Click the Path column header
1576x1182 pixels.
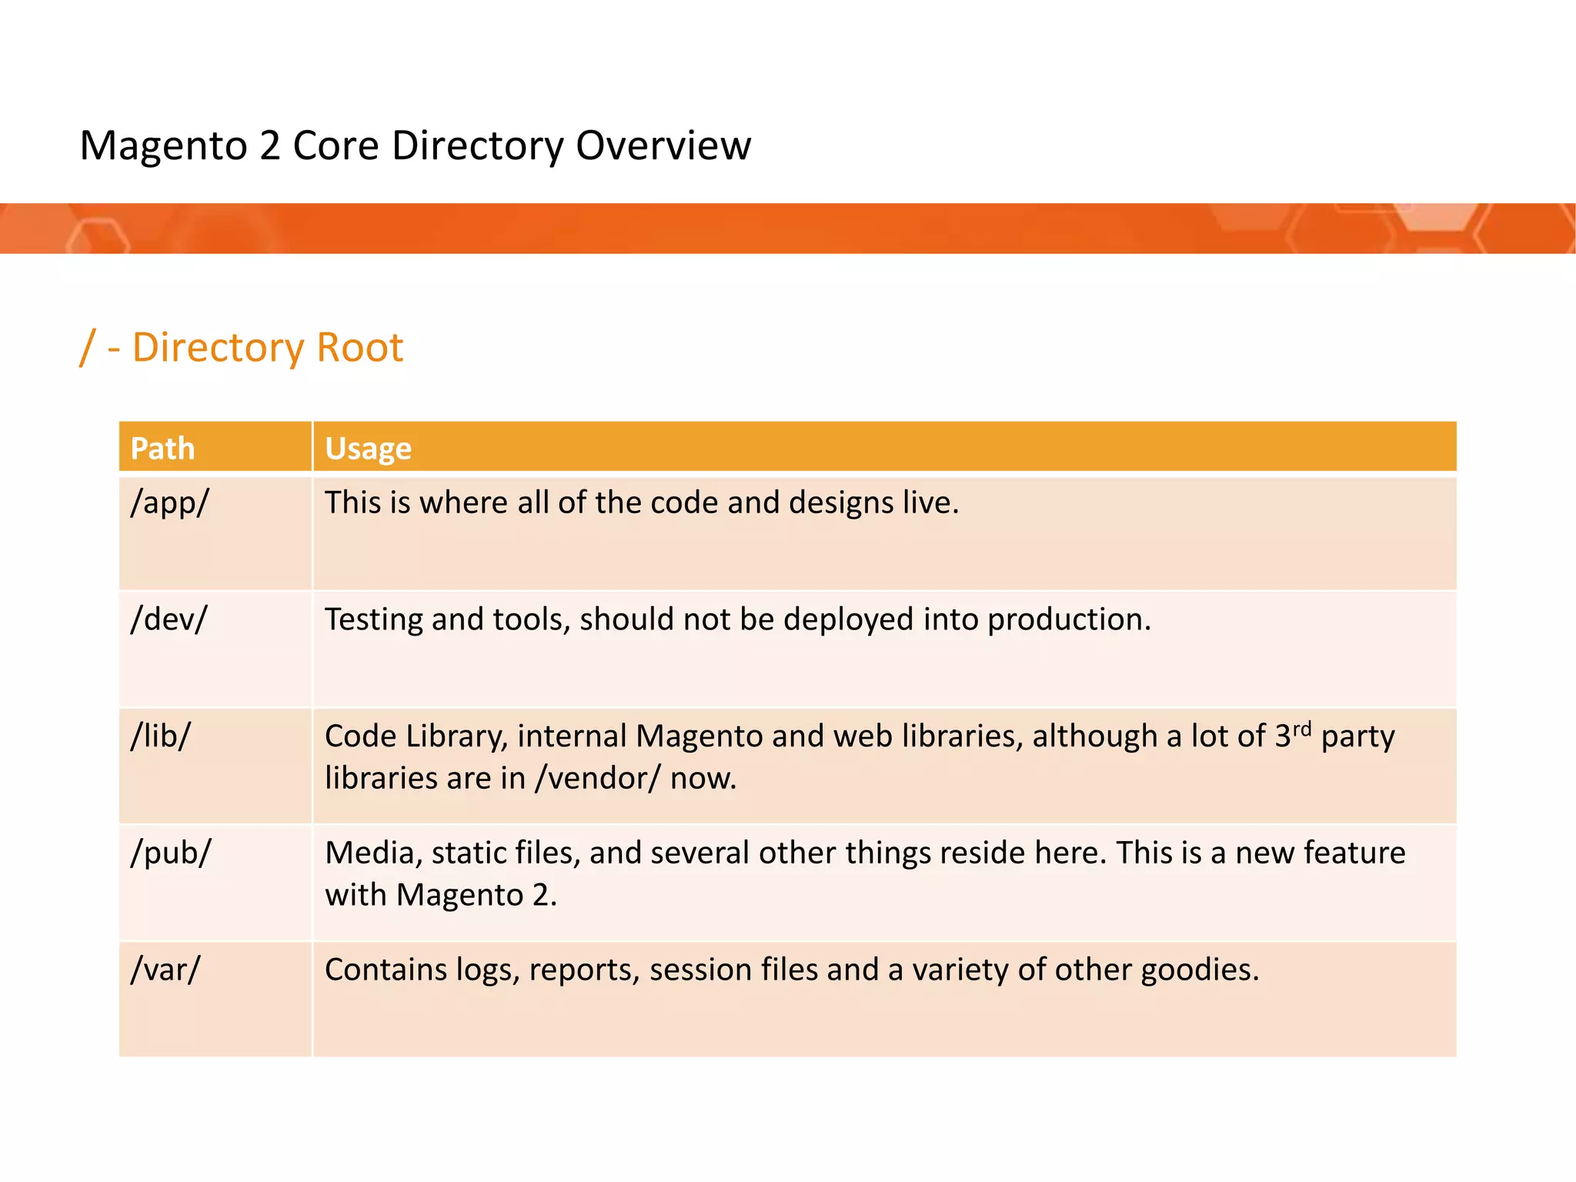coord(162,449)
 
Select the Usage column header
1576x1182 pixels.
coord(368,449)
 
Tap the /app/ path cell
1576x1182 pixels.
coord(170,503)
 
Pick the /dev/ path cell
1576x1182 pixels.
coord(169,619)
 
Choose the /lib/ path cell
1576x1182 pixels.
coord(160,736)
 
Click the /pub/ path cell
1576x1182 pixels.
coord(171,853)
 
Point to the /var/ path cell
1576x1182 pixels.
coord(165,970)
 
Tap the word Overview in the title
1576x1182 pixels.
coord(663,145)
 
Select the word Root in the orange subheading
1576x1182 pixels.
coord(359,348)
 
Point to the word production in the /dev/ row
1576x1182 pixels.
coord(1068,619)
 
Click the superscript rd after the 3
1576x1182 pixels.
coord(1302,728)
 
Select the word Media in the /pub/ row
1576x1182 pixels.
coord(374,853)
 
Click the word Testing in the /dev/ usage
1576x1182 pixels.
coord(373,619)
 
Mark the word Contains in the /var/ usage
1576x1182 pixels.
coord(386,970)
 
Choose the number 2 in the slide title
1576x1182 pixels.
coord(270,145)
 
